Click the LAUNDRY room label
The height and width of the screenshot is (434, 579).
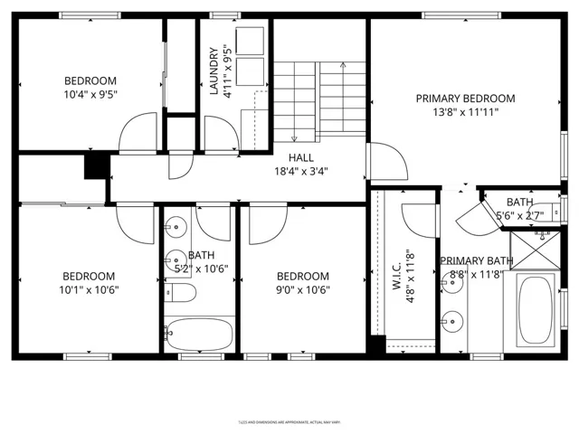point(214,71)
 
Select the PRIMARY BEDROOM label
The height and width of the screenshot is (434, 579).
point(465,98)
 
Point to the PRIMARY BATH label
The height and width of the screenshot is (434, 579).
point(477,261)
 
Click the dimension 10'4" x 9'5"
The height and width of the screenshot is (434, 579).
point(90,94)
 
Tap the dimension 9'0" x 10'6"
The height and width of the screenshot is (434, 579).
point(302,290)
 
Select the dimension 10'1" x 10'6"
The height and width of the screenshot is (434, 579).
point(89,290)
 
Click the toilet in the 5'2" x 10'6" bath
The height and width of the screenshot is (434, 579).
point(180,291)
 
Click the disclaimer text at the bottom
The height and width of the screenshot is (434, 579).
point(289,420)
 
